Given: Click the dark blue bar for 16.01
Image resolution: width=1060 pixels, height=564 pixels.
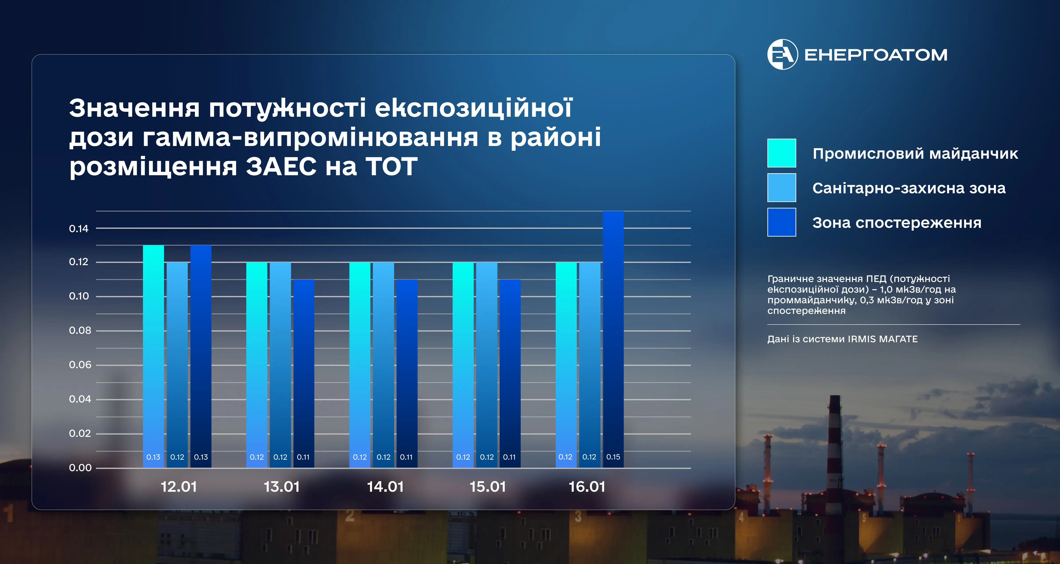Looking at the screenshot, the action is (613, 339).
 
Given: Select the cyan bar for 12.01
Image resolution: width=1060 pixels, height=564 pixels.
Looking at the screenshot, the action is (153, 356).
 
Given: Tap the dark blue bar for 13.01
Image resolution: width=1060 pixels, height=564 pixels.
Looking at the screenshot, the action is (304, 373).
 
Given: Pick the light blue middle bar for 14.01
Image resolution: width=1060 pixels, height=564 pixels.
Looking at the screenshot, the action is (383, 365).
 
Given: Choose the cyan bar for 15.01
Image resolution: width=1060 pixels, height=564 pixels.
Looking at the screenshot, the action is (463, 365).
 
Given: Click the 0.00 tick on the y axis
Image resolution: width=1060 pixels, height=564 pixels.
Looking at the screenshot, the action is (80, 468).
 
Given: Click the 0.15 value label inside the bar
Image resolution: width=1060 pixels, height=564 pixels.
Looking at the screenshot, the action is (613, 457).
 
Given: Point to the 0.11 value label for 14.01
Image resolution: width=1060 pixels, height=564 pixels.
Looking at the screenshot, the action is (406, 457).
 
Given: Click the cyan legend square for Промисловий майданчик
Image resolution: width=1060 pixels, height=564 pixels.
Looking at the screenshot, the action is (781, 153).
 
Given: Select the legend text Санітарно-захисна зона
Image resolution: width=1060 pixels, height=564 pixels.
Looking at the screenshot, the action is (909, 188).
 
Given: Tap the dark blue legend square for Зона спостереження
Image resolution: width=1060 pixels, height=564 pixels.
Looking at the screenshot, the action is (781, 222).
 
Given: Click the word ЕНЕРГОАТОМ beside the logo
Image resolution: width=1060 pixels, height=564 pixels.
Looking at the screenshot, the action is (876, 55).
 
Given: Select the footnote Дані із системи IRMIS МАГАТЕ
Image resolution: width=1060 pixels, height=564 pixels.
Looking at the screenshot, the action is (842, 339).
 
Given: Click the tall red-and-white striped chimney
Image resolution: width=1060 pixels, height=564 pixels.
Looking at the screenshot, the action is (834, 444).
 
